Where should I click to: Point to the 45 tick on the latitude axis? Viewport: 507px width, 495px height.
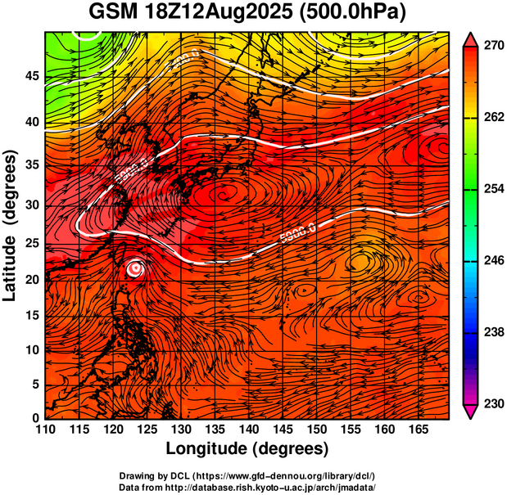click(32, 76)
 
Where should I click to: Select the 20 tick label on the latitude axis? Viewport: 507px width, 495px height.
click(32, 280)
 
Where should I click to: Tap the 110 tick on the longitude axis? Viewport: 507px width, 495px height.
click(45, 430)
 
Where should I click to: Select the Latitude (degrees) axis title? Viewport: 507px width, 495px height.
click(11, 225)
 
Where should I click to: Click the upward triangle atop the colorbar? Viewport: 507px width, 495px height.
click(471, 39)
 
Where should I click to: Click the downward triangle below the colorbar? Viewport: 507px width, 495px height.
click(471, 412)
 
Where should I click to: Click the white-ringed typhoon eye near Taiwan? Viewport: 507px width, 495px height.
click(136, 268)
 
